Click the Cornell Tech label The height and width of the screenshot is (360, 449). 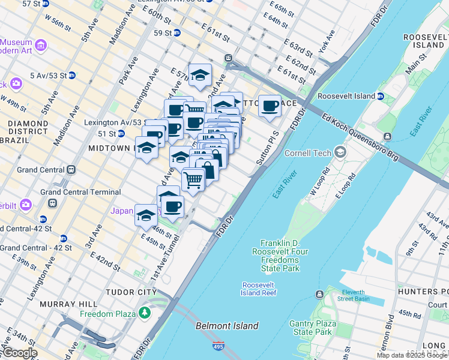[x=308, y=153]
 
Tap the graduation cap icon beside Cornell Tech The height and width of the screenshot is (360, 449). [x=340, y=152]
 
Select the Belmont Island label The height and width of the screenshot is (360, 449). [x=227, y=326]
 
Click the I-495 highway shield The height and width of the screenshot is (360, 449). [x=218, y=346]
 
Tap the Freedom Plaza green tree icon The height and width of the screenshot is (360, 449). [x=144, y=313]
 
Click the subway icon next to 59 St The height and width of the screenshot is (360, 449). [x=176, y=33]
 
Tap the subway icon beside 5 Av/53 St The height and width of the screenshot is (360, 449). [x=71, y=76]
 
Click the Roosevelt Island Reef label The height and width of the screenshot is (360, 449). [x=259, y=289]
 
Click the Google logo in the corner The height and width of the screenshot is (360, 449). [x=19, y=353]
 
